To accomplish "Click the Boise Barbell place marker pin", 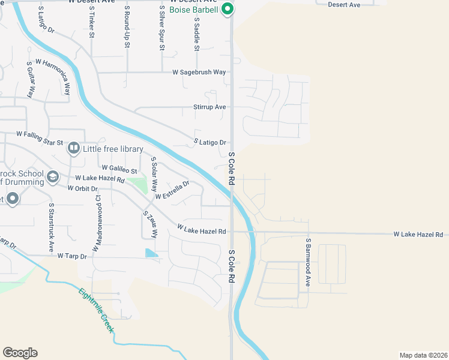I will click(x=227, y=9).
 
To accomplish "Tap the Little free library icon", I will click(x=74, y=148).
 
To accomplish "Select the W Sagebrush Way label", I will click(x=199, y=72).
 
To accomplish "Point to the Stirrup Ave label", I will click(x=209, y=107).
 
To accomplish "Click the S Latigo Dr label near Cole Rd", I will click(x=209, y=142).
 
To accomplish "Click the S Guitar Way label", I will click(x=29, y=79).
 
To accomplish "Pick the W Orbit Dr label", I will click(x=83, y=188).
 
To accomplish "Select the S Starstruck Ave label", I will click(x=52, y=226).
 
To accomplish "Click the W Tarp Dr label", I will click(x=72, y=256).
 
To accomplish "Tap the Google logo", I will click(x=20, y=353).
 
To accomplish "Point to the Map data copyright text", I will click(x=423, y=355).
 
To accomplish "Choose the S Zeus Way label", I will click(x=149, y=224).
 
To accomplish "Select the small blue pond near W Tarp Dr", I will click(x=152, y=254).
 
